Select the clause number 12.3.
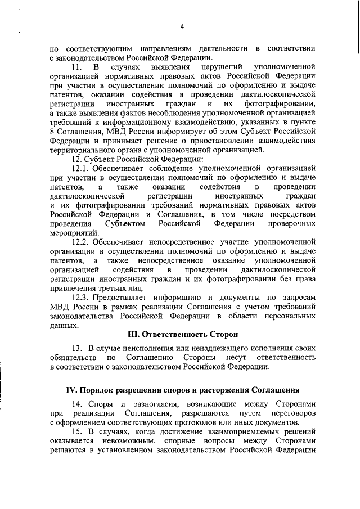point(80,297)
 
